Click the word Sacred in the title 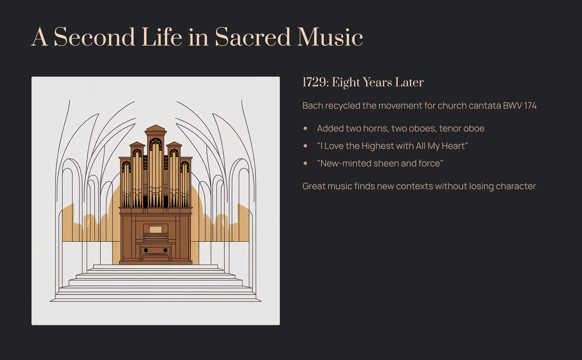(x=252, y=37)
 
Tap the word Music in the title (x=330, y=37)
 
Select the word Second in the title (x=94, y=37)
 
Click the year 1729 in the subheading (x=314, y=82)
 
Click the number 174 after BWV (x=530, y=106)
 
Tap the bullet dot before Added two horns (x=305, y=128)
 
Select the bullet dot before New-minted (x=305, y=163)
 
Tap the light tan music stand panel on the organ (x=155, y=230)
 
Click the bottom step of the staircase (x=155, y=300)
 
